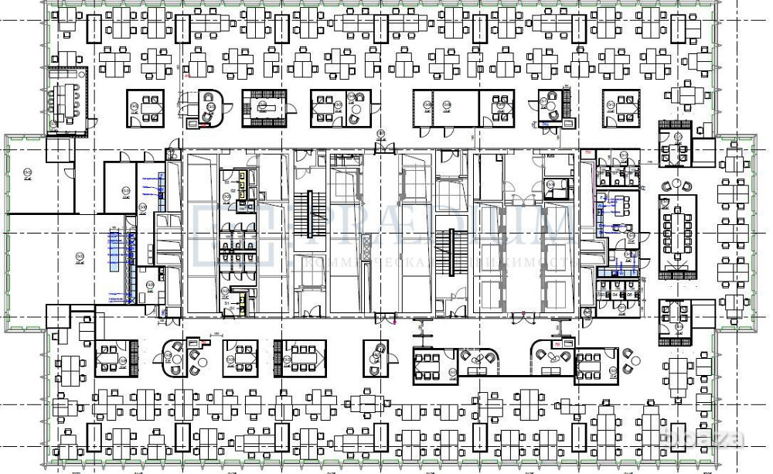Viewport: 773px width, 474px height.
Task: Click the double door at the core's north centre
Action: pyautogui.click(x=381, y=148)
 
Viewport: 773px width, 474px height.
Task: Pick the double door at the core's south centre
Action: pyautogui.click(x=383, y=317)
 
